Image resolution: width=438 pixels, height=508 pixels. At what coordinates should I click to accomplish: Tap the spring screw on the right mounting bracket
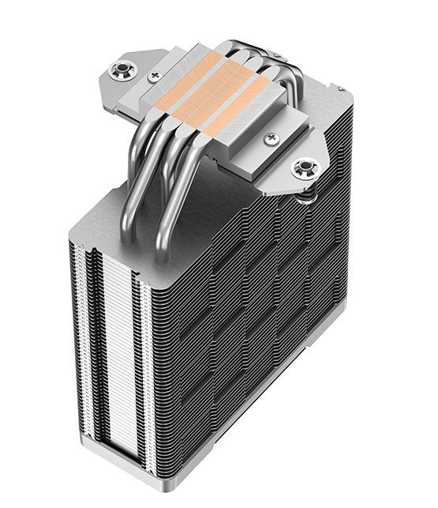303,167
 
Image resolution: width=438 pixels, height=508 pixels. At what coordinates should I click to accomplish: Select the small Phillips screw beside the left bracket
153,77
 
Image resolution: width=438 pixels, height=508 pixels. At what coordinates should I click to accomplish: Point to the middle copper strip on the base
213,95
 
